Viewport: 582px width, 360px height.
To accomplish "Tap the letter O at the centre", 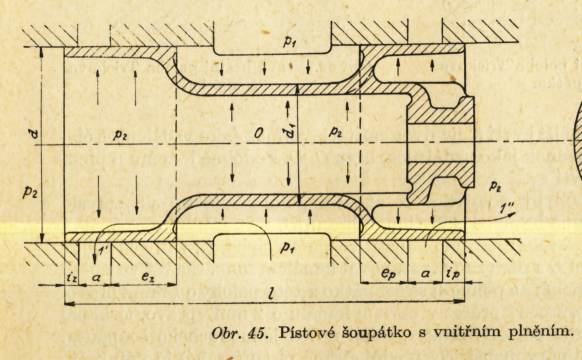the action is pos(259,133).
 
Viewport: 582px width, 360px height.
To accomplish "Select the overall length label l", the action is pos(272,294).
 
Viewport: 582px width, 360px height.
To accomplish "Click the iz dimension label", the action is pos(72,276).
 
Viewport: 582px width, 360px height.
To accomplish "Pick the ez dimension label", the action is pos(147,276).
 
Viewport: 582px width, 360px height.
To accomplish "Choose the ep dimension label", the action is pos(387,274).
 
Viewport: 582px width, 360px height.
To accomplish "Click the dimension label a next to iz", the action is pos(95,276).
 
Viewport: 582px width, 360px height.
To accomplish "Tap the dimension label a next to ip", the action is pos(425,274).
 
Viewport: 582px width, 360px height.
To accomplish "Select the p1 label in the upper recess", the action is pos(289,42).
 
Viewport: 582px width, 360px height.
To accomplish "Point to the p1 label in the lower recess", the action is pos(287,247).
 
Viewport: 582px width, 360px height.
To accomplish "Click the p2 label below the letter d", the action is pos(30,192).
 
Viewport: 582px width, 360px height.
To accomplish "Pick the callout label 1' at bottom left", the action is pos(100,252).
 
